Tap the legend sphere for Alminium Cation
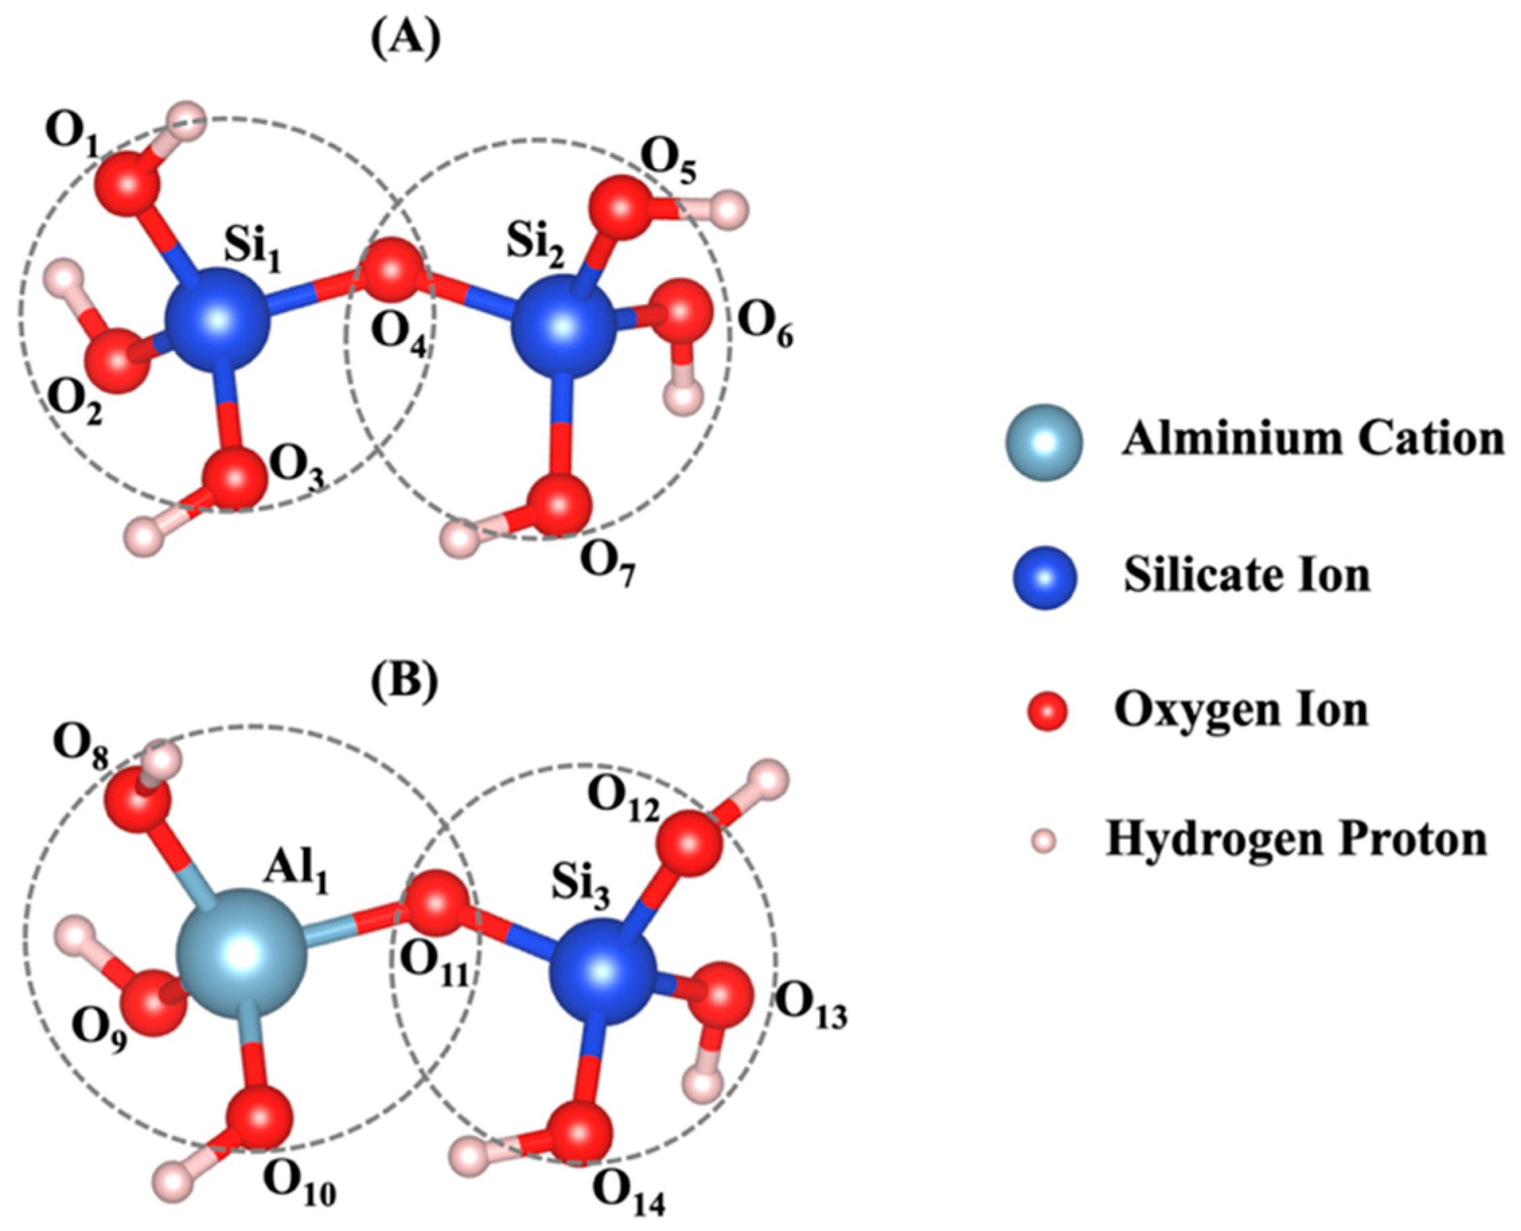1043,443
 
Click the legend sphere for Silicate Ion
1044,578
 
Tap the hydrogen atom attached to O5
729,210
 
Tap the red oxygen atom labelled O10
260,1115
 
